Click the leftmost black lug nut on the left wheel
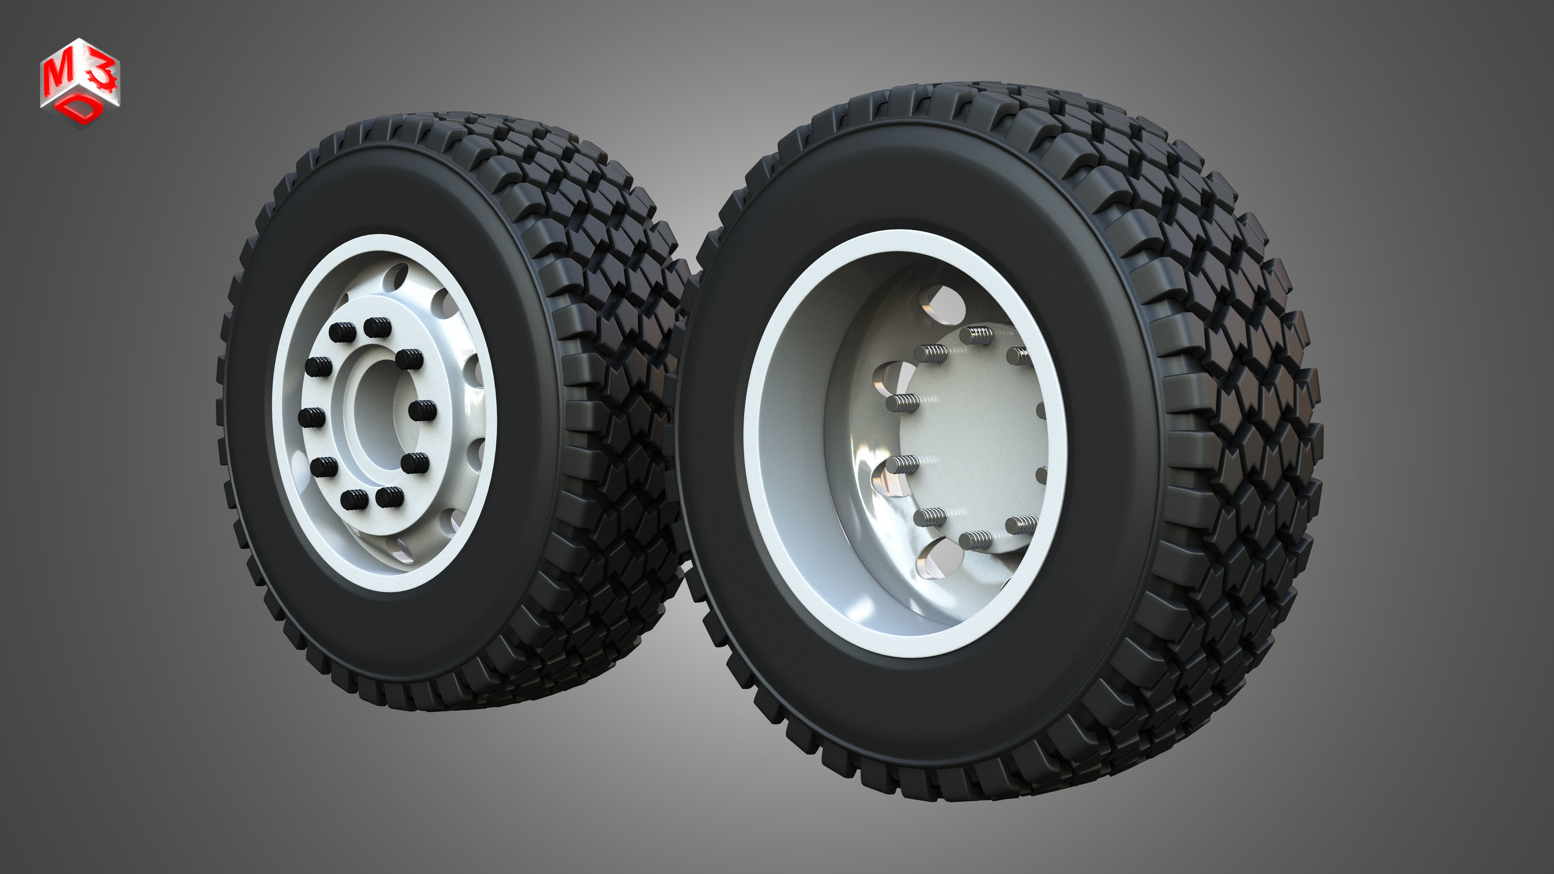311,417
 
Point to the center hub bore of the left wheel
377,410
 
